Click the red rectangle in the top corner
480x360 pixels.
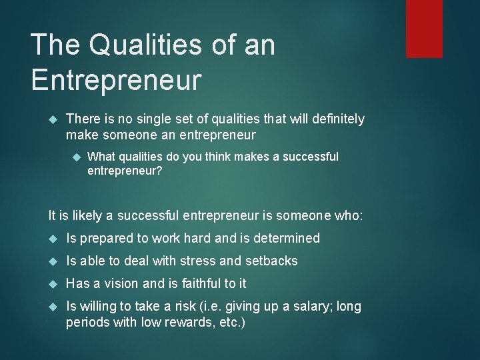click(424, 29)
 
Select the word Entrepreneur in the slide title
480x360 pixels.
click(116, 79)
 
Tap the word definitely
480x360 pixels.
click(333, 119)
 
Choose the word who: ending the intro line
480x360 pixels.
click(347, 215)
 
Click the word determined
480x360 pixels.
click(286, 238)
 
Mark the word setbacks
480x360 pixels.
click(271, 261)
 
